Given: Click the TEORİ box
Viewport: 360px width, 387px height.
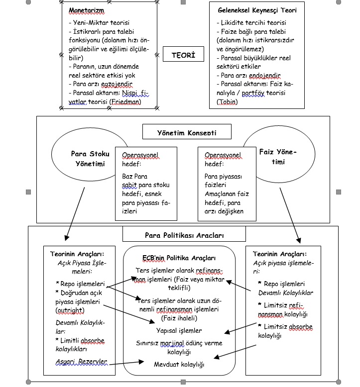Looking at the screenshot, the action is click(183, 54).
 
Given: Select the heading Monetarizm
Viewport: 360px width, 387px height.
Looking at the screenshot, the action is click(87, 10).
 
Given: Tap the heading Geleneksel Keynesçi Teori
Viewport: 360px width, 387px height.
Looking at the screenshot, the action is click(257, 10).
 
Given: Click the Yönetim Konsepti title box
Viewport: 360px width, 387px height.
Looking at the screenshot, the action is click(187, 132).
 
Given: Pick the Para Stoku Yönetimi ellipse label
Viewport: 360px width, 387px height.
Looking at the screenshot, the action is click(90, 159).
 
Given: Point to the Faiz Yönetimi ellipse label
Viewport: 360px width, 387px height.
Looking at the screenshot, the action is click(278, 157).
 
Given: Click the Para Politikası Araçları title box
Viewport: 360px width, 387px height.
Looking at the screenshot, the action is click(184, 234).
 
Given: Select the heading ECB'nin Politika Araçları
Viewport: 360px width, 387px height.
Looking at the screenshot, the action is click(179, 258).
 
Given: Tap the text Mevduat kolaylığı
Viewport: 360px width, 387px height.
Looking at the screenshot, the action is click(179, 364).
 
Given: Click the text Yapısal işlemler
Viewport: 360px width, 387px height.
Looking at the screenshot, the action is click(179, 330).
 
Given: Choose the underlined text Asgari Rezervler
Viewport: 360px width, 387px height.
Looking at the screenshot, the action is click(81, 362).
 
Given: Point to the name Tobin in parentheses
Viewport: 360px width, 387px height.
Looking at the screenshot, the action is click(228, 101).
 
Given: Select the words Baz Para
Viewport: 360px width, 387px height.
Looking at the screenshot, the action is click(134, 176).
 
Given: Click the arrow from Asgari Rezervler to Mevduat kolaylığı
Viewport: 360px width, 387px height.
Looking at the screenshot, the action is click(126, 363).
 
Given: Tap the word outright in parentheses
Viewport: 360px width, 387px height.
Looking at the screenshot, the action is click(70, 310).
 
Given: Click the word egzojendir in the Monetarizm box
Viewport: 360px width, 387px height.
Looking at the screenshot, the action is click(117, 84).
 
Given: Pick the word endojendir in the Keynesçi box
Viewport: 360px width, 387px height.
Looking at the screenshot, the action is click(264, 75).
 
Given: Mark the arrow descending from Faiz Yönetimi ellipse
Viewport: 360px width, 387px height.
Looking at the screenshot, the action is click(290, 215).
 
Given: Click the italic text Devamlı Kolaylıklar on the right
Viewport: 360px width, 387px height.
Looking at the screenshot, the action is click(286, 292).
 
